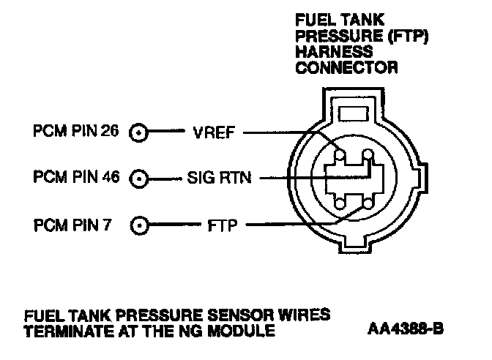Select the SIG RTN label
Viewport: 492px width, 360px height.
point(218,178)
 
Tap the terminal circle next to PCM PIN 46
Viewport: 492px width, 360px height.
point(139,178)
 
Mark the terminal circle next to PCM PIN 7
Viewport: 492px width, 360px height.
point(139,224)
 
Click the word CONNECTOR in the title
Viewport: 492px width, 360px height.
point(346,67)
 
